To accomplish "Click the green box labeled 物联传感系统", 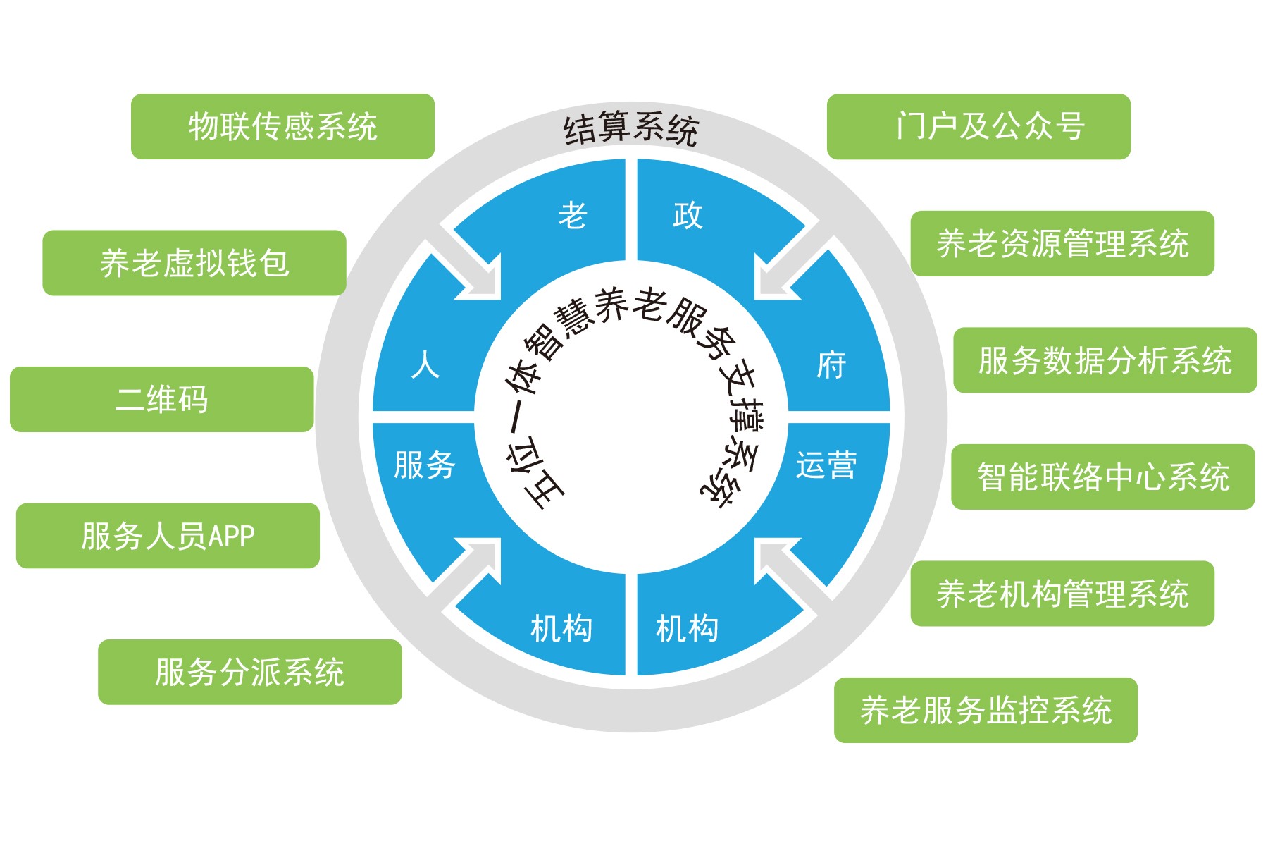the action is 282,127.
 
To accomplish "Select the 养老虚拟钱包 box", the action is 194,263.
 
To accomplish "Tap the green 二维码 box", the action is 162,399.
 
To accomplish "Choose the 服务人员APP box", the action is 168,536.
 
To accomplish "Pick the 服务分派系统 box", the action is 250,672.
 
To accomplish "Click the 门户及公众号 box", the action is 979,127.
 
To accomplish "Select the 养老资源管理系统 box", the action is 1062,243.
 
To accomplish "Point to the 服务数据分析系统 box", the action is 1105,360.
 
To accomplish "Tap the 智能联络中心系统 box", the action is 1103,477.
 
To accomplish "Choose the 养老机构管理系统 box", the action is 1062,594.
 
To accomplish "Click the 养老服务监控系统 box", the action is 986,710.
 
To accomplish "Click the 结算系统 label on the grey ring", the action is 631,129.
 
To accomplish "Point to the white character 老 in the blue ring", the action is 573,215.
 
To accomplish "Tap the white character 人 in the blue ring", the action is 425,365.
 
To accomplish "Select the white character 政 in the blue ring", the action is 688,215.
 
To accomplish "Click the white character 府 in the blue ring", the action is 831,365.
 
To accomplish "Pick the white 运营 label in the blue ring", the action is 826,465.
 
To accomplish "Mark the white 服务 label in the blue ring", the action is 425,465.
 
